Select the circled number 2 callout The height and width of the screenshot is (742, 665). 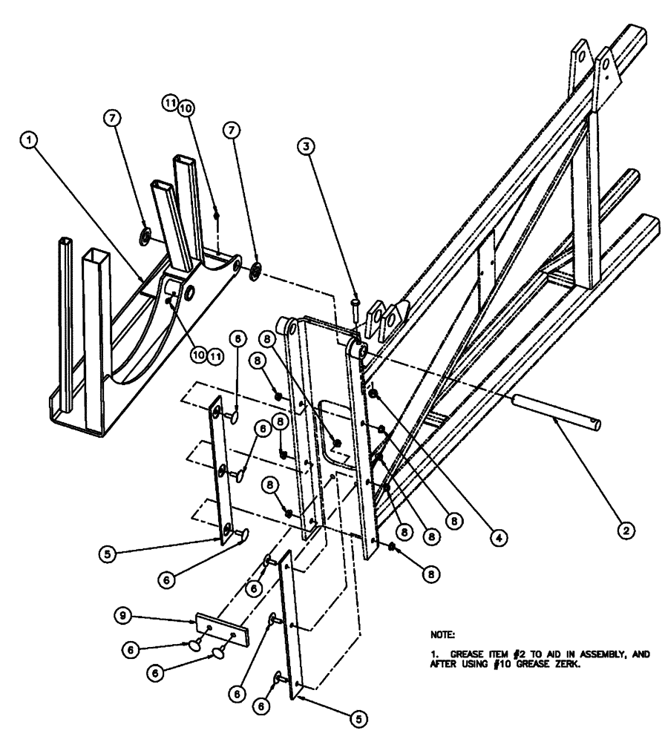click(x=625, y=531)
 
